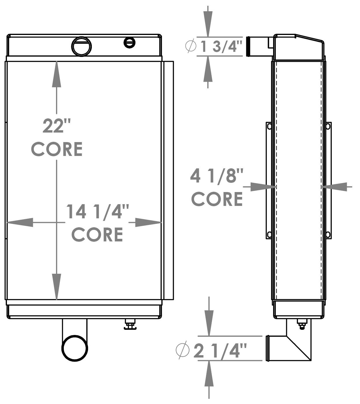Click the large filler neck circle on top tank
[x=81, y=46]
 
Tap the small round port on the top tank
[x=130, y=42]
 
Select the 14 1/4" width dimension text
[x=97, y=212]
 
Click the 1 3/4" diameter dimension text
[x=221, y=46]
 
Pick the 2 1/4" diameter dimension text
[x=220, y=351]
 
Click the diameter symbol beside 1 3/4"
[x=191, y=46]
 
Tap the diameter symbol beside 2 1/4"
[x=182, y=350]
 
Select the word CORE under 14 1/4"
[x=97, y=234]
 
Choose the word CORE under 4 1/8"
[x=217, y=199]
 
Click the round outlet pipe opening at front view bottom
[x=75, y=348]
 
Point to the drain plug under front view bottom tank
[x=130, y=324]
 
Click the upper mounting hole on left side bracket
[x=269, y=126]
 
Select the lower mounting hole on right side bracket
[x=328, y=234]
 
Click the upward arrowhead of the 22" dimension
[x=57, y=74]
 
